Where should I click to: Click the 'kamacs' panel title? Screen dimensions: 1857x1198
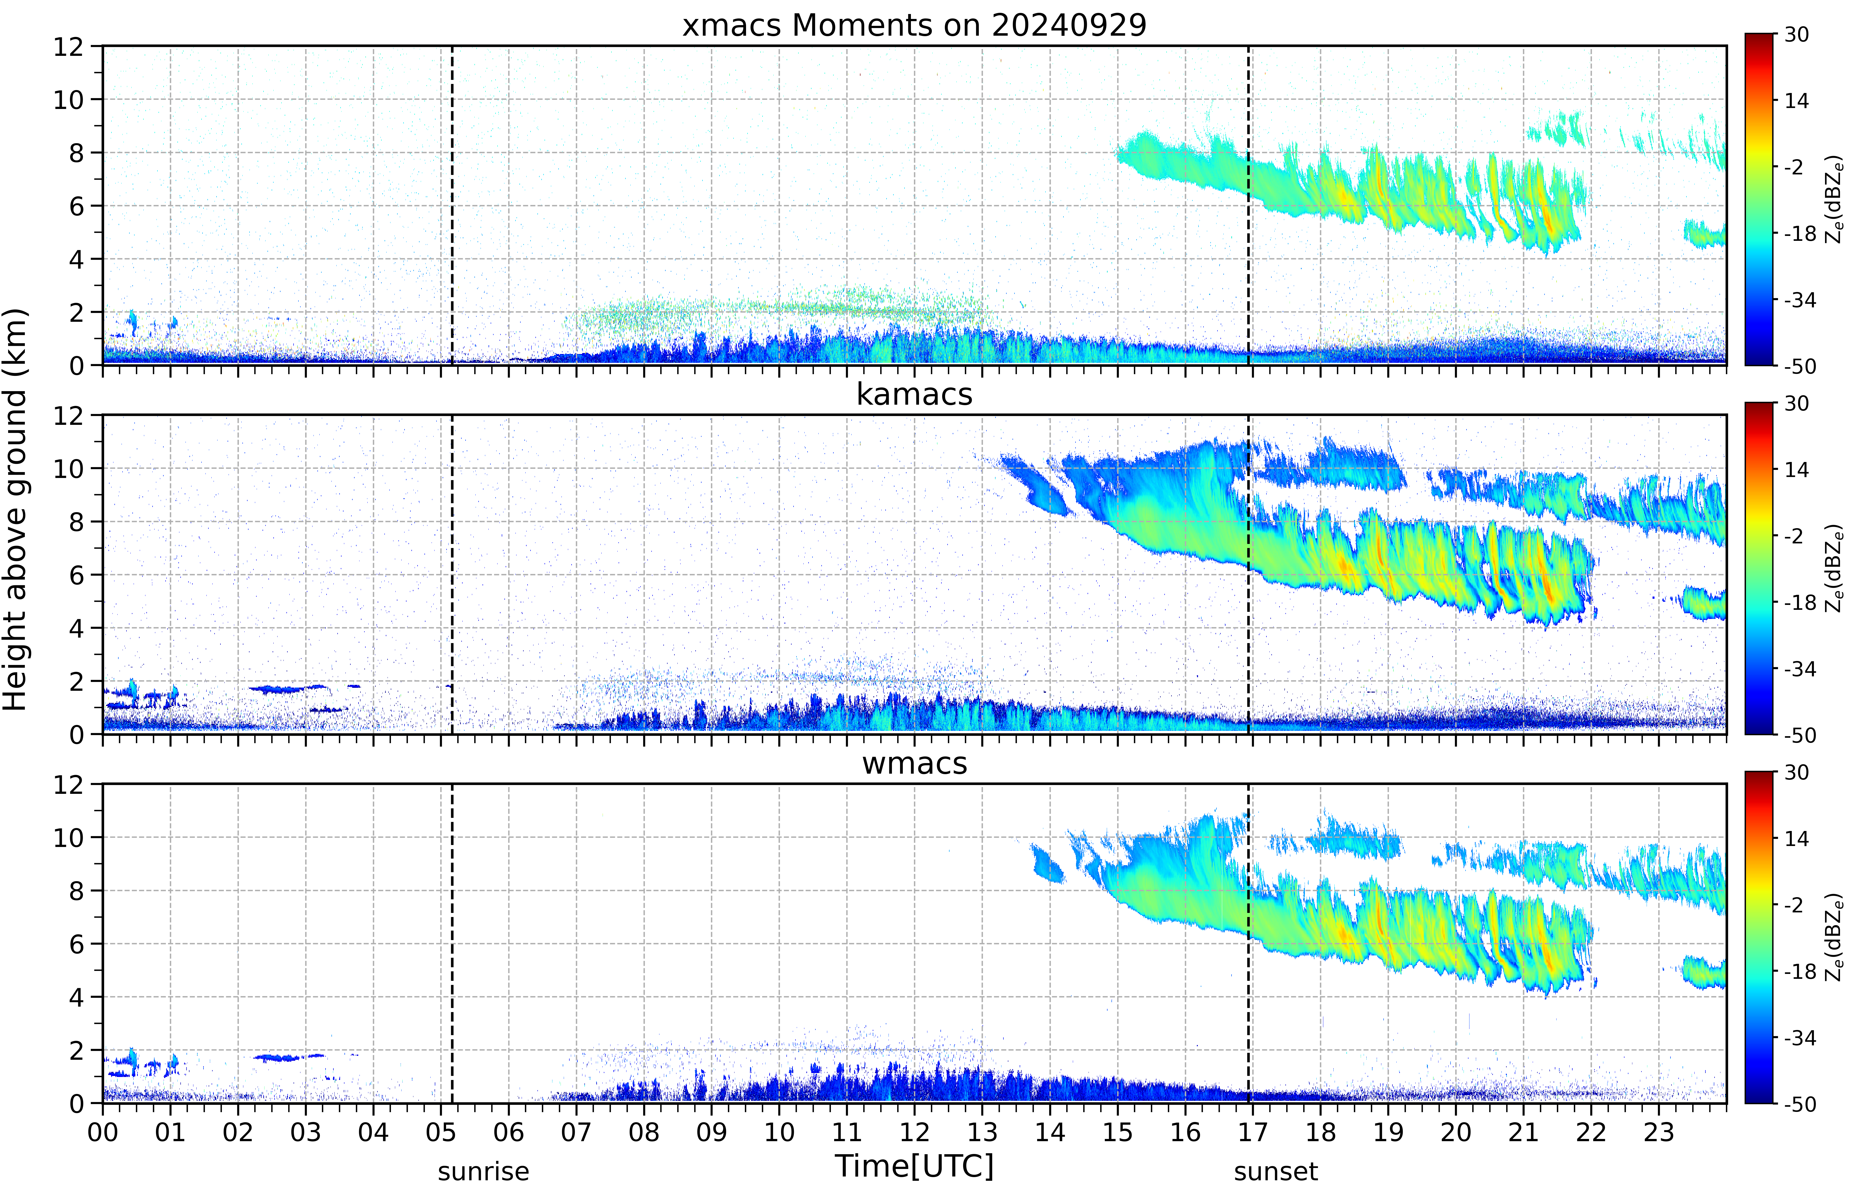click(x=914, y=394)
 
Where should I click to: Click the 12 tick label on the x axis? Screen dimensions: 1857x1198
click(x=915, y=1132)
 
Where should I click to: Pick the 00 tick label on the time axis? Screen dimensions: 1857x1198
click(x=103, y=1132)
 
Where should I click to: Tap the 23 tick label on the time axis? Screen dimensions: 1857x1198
click(x=1659, y=1132)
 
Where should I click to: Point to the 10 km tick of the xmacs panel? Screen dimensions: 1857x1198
click(x=68, y=100)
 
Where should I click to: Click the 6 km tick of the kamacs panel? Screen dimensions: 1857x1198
click(x=76, y=575)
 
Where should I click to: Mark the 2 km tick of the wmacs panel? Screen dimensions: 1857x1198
click(x=76, y=1050)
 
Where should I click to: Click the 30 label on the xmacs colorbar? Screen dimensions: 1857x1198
click(x=1796, y=34)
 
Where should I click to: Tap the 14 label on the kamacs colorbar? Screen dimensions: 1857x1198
click(x=1796, y=470)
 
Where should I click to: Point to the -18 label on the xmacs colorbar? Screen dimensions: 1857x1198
click(x=1799, y=233)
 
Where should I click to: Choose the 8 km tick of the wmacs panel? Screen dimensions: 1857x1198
click(x=76, y=891)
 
